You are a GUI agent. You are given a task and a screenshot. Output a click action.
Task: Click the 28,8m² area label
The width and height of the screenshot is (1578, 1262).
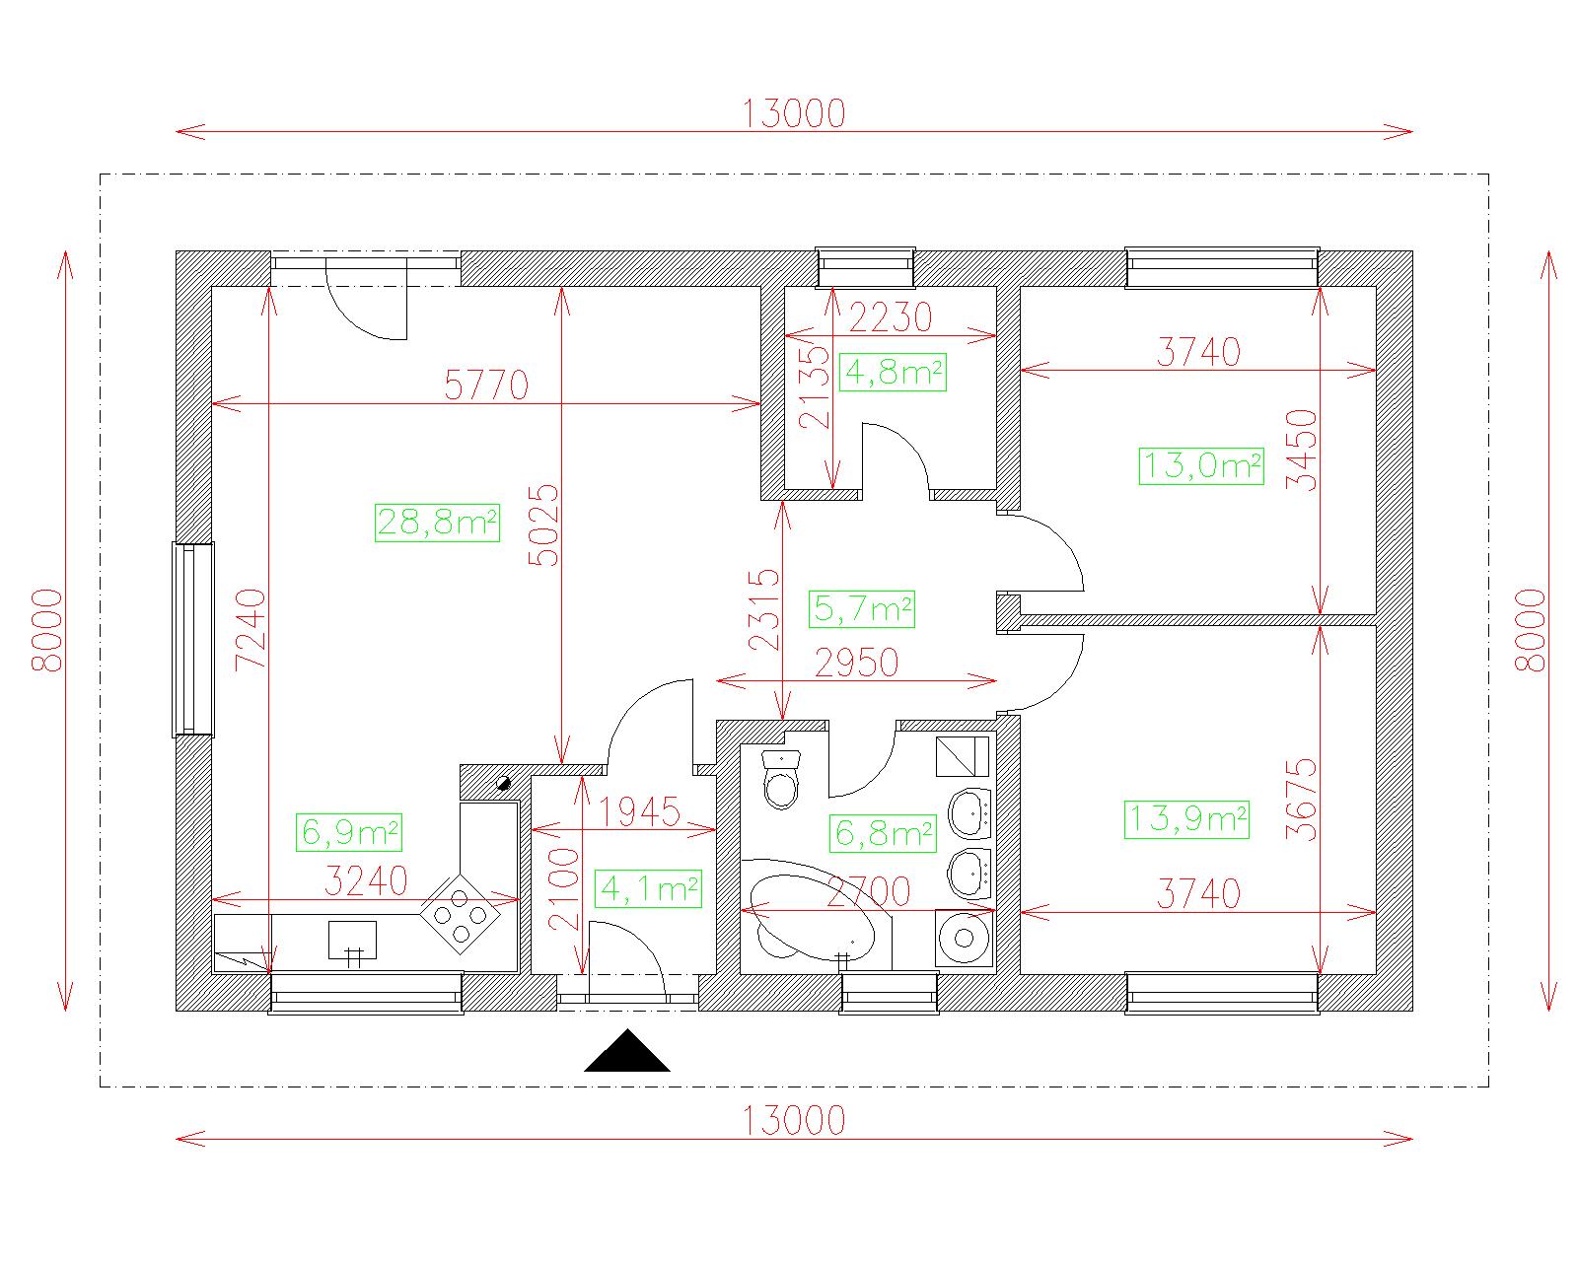(x=437, y=523)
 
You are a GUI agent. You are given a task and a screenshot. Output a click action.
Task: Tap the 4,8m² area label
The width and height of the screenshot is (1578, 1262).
(x=893, y=372)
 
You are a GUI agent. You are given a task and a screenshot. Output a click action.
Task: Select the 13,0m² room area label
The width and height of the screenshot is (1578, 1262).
(x=1201, y=465)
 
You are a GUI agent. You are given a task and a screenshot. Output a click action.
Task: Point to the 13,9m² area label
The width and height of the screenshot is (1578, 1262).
(x=1186, y=819)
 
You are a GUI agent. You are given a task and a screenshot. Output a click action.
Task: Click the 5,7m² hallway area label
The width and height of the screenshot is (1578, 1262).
(x=862, y=608)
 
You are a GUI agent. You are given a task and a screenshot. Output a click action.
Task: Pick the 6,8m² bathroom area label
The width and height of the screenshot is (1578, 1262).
(x=883, y=833)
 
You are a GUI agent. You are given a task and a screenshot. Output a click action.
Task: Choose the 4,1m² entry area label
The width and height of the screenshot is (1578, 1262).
(x=648, y=888)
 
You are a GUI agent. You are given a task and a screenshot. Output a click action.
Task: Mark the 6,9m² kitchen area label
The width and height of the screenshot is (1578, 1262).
(x=349, y=832)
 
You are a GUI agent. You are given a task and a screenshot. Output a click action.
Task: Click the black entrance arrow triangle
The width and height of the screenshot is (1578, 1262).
(x=627, y=1051)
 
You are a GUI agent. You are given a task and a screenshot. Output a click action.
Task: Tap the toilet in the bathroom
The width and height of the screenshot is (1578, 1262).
(x=781, y=779)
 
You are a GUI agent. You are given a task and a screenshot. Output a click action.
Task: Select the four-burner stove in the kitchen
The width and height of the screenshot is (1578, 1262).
(x=460, y=914)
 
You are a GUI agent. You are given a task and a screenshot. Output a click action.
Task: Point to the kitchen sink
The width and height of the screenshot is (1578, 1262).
(x=352, y=940)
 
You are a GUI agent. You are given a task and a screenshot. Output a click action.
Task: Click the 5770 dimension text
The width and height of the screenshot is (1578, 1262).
(x=486, y=385)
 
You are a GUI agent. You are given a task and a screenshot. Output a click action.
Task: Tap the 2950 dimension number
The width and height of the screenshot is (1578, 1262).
(x=856, y=663)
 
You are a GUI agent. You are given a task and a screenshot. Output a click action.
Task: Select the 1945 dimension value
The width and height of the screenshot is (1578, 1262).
(x=640, y=811)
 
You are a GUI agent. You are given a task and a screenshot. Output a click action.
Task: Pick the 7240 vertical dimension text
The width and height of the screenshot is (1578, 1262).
(x=251, y=629)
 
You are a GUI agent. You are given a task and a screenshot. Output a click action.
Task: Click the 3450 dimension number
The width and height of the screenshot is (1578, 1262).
(x=1302, y=450)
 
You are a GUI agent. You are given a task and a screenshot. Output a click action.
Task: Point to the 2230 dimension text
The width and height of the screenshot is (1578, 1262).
(x=891, y=317)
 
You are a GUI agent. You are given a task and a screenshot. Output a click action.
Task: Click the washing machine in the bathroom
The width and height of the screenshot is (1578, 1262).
(x=965, y=938)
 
